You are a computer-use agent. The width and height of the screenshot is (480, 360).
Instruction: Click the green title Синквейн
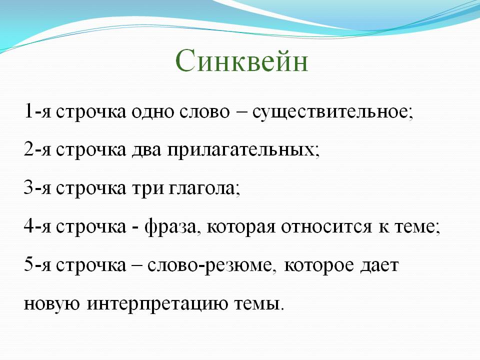pos(241,61)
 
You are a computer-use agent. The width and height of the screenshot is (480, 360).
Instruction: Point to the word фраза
pos(170,227)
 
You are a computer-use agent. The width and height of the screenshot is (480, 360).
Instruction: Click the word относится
pos(326,228)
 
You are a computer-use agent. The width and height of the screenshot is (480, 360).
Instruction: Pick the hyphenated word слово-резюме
pos(209,265)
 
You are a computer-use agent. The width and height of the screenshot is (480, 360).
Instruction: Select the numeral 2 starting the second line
pos(28,149)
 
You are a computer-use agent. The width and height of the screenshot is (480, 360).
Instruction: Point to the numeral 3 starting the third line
pos(28,187)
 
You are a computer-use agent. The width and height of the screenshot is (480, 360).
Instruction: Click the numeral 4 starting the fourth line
pos(28,226)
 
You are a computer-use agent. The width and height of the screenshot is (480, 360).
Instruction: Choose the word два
pos(146,150)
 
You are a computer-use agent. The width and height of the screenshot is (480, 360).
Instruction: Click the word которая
pos(241,228)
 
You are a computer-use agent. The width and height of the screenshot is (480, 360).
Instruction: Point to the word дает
pos(379,265)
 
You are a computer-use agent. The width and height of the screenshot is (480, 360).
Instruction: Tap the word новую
pos(51,304)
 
